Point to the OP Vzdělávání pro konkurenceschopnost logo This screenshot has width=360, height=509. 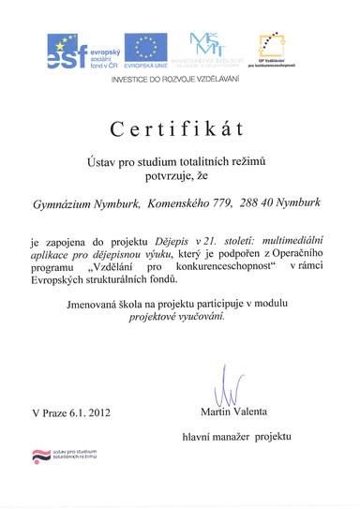[278, 51]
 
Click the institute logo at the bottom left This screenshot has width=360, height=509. [67, 456]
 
